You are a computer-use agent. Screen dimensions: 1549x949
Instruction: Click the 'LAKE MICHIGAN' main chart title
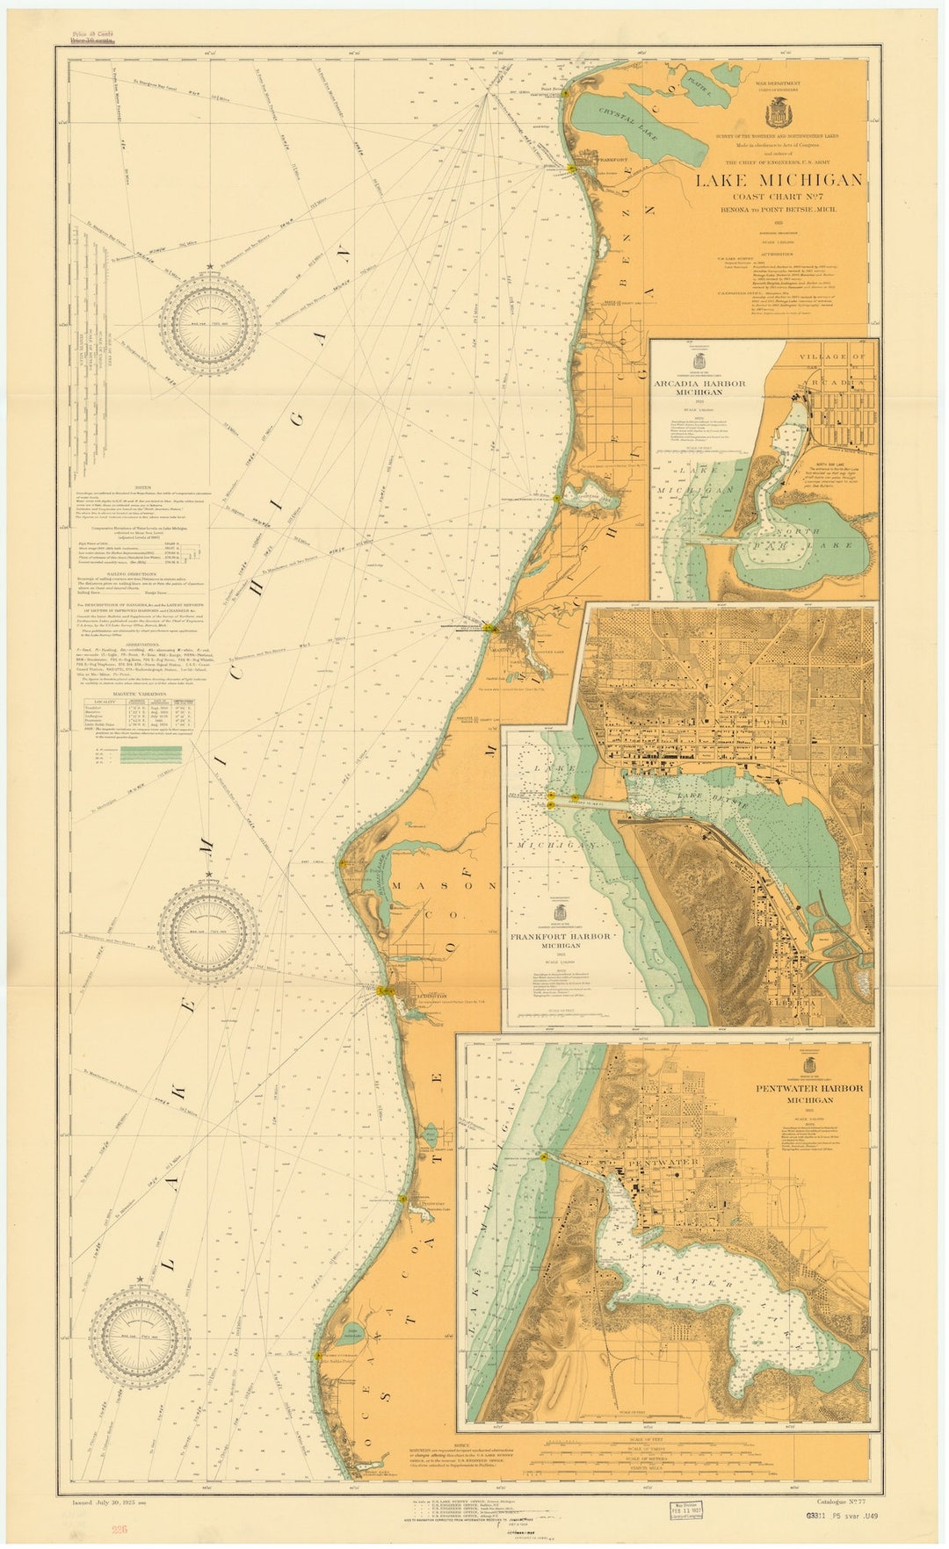pos(779,180)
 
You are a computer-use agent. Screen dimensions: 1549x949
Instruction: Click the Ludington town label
pos(431,997)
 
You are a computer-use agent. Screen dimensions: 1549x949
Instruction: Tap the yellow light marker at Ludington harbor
pos(383,991)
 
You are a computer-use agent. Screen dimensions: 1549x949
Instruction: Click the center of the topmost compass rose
pos(209,325)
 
